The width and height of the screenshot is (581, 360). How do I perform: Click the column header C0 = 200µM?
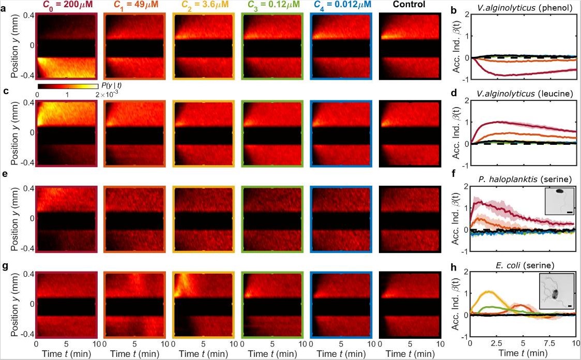point(66,5)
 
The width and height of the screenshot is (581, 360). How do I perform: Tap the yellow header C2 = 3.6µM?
point(203,5)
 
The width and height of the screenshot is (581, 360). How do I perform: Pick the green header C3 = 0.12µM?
point(272,5)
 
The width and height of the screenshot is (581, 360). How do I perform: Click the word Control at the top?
point(409,5)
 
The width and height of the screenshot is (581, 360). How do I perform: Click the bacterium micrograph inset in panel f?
point(561,200)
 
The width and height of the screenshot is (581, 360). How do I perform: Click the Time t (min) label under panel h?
point(522,354)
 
